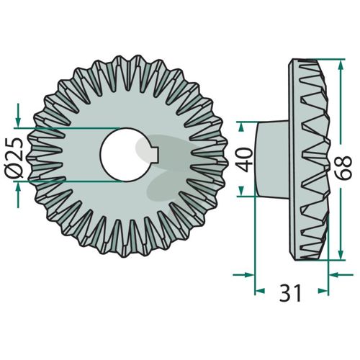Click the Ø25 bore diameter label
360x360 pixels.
(14, 158)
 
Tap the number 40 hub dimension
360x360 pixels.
(244, 160)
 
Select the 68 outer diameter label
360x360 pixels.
(343, 167)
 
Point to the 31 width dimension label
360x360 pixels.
(290, 293)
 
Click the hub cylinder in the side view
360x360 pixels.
(271, 159)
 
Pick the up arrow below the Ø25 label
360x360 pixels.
(18, 195)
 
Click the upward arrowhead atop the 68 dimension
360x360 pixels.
(341, 66)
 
